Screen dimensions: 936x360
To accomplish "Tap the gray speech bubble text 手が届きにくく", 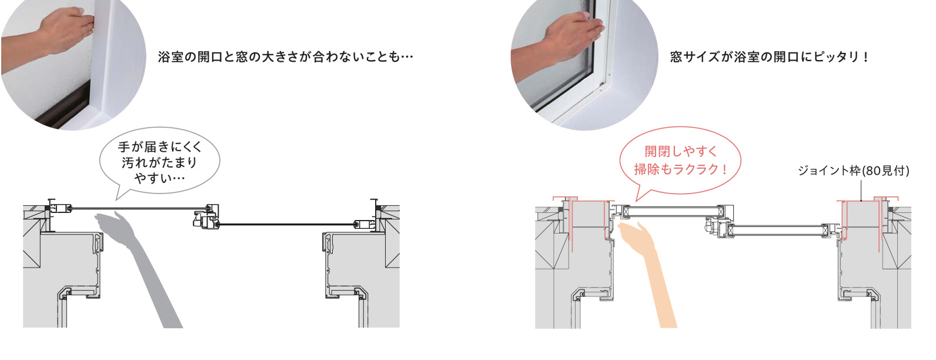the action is [159, 146].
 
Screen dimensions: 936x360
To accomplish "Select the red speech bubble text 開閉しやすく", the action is [681, 151].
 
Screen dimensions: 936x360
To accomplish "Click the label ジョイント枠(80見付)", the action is [853, 171].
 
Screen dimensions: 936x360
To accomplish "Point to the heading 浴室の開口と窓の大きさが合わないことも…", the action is [285, 57].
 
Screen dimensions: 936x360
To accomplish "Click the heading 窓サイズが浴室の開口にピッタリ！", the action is [770, 57].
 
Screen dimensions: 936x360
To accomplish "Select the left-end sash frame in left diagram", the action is [61, 208].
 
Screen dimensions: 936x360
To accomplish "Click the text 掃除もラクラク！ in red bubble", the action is [681, 169].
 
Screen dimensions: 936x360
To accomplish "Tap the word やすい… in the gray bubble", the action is [159, 178].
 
